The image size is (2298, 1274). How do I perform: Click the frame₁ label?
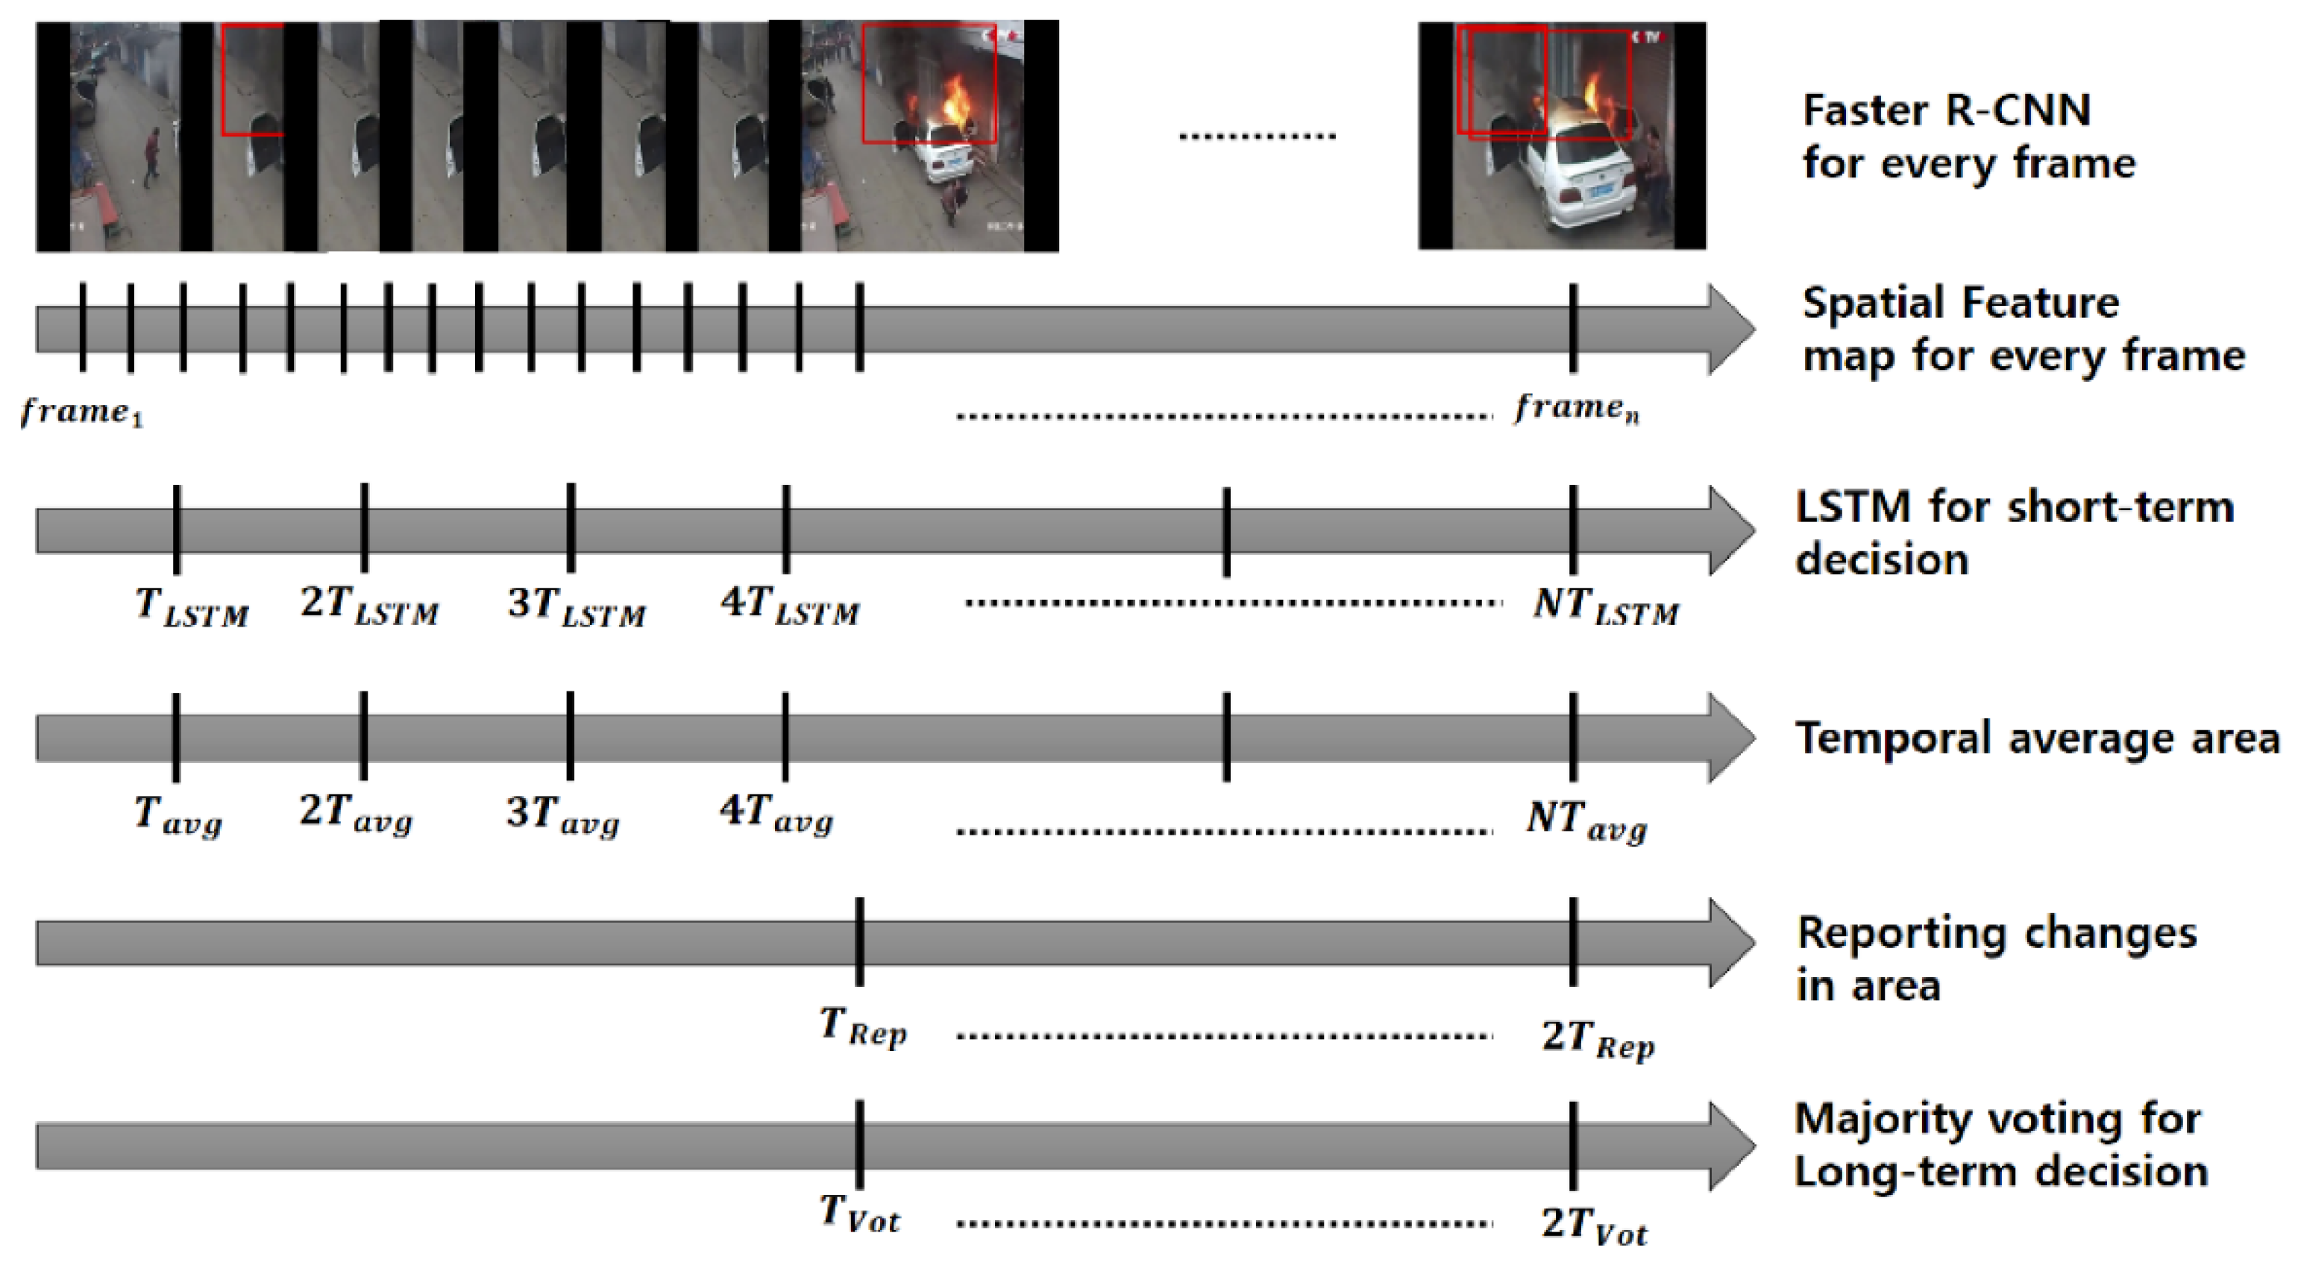(x=81, y=412)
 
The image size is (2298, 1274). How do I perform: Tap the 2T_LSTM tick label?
(x=369, y=605)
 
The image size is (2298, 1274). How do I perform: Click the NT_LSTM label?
(x=1605, y=606)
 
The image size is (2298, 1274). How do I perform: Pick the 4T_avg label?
(x=776, y=814)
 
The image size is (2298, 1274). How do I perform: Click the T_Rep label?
(x=863, y=1028)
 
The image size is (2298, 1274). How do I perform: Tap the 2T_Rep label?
(x=1598, y=1039)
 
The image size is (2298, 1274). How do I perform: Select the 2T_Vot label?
(x=1594, y=1225)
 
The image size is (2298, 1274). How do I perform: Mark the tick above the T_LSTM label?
(x=177, y=530)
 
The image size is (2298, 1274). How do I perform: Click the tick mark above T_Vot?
(x=859, y=1145)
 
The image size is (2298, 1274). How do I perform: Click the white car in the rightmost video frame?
(x=1579, y=178)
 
